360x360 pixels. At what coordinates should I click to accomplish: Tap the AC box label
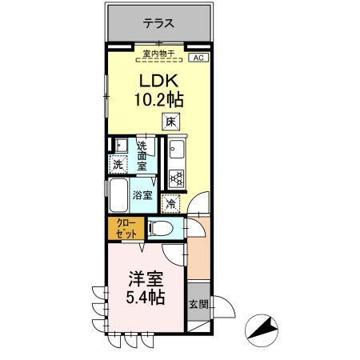198,58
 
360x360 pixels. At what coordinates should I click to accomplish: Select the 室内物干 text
158,54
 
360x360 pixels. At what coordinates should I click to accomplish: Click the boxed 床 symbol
171,122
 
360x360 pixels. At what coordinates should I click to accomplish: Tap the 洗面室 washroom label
142,157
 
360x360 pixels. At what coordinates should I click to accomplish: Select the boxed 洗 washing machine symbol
118,165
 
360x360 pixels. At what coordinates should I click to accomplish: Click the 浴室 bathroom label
142,194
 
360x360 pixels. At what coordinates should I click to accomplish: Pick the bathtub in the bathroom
118,194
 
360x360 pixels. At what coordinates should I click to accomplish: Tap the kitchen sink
177,150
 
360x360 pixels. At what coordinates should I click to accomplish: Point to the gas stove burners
177,178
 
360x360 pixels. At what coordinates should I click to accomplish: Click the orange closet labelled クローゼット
125,227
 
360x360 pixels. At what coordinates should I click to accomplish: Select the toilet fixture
156,230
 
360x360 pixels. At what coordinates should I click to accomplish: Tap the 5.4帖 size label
146,299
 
